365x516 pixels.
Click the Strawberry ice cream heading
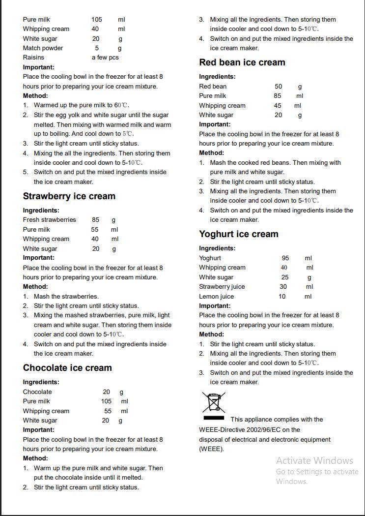(69, 196)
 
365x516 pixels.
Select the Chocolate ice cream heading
(67, 368)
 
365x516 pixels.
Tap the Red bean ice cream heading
(242, 62)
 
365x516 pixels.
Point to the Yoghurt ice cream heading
(238, 234)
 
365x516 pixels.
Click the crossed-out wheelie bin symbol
(213, 402)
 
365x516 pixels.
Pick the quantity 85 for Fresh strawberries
(95, 220)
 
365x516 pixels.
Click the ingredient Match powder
(43, 48)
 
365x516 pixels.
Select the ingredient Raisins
(33, 58)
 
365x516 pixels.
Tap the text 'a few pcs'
(105, 58)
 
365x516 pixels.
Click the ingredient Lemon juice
(216, 297)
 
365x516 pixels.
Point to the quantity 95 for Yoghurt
(285, 258)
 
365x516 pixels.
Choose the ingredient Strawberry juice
(222, 287)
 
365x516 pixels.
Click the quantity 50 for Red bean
(278, 87)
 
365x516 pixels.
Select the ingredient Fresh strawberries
(49, 220)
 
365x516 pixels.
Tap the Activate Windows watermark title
(314, 461)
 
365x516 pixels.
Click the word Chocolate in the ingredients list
(37, 392)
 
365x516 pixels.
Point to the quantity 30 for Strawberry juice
(283, 287)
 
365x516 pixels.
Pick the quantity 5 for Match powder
(97, 48)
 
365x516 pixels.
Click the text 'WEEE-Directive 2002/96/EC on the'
(250, 429)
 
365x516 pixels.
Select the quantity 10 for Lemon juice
(282, 297)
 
